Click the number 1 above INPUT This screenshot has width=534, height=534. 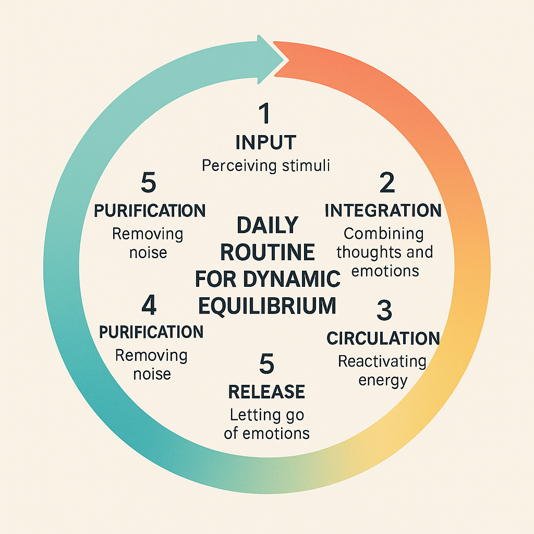pyautogui.click(x=265, y=114)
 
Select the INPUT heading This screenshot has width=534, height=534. pyautogui.click(x=265, y=142)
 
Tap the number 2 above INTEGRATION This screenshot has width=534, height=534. pyautogui.click(x=387, y=183)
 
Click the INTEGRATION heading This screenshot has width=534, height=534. pyautogui.click(x=383, y=211)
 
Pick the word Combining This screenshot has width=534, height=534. pyautogui.click(x=384, y=234)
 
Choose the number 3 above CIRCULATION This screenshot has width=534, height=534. pyautogui.click(x=384, y=311)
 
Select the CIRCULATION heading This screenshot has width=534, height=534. pyautogui.click(x=383, y=338)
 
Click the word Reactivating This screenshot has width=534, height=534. pyautogui.click(x=382, y=361)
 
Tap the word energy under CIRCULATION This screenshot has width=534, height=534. pyautogui.click(x=382, y=380)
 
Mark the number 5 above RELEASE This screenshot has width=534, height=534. pyautogui.click(x=266, y=364)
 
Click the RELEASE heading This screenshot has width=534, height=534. pyautogui.click(x=266, y=391)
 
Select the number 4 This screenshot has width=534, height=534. pyautogui.click(x=149, y=306)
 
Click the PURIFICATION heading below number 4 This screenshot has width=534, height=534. pyautogui.click(x=151, y=332)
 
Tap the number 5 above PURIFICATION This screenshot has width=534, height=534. pyautogui.click(x=149, y=184)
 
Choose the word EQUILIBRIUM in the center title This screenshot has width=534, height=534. pyautogui.click(x=267, y=305)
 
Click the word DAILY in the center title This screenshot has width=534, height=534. pyautogui.click(x=268, y=225)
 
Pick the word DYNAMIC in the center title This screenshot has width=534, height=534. pyautogui.click(x=294, y=279)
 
